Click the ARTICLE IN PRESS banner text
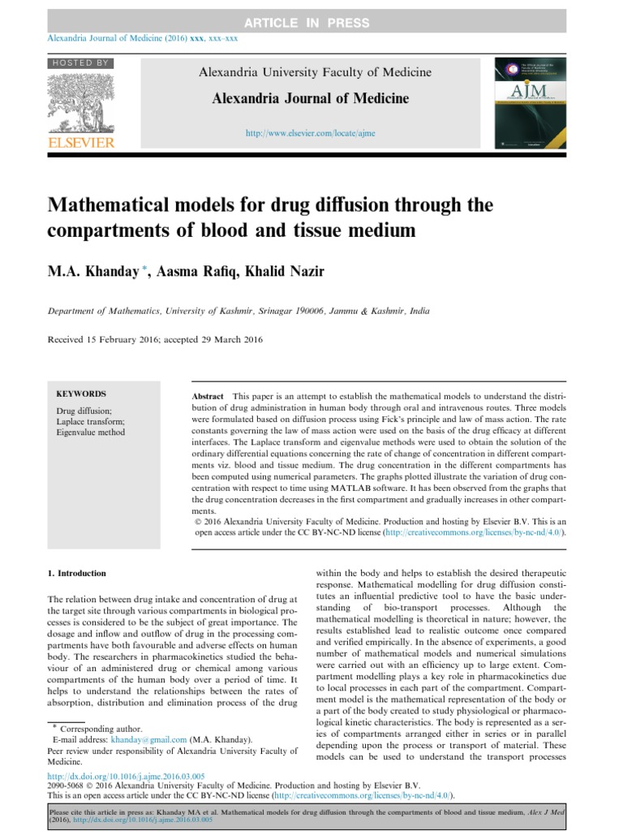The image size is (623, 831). pyautogui.click(x=312, y=24)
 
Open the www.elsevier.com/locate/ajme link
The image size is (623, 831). pyautogui.click(x=311, y=132)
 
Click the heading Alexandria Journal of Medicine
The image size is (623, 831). pyautogui.click(x=311, y=99)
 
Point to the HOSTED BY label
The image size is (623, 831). pyautogui.click(x=80, y=62)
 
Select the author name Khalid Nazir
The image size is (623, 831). pyautogui.click(x=290, y=272)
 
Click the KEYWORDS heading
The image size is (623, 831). pyautogui.click(x=80, y=394)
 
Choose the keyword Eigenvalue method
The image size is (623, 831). pyautogui.click(x=91, y=433)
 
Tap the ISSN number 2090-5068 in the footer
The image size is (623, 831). pyautogui.click(x=67, y=786)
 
